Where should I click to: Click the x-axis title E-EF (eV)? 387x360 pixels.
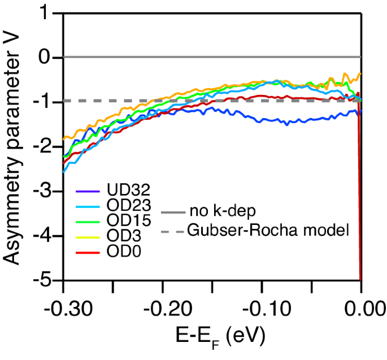click(x=212, y=339)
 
